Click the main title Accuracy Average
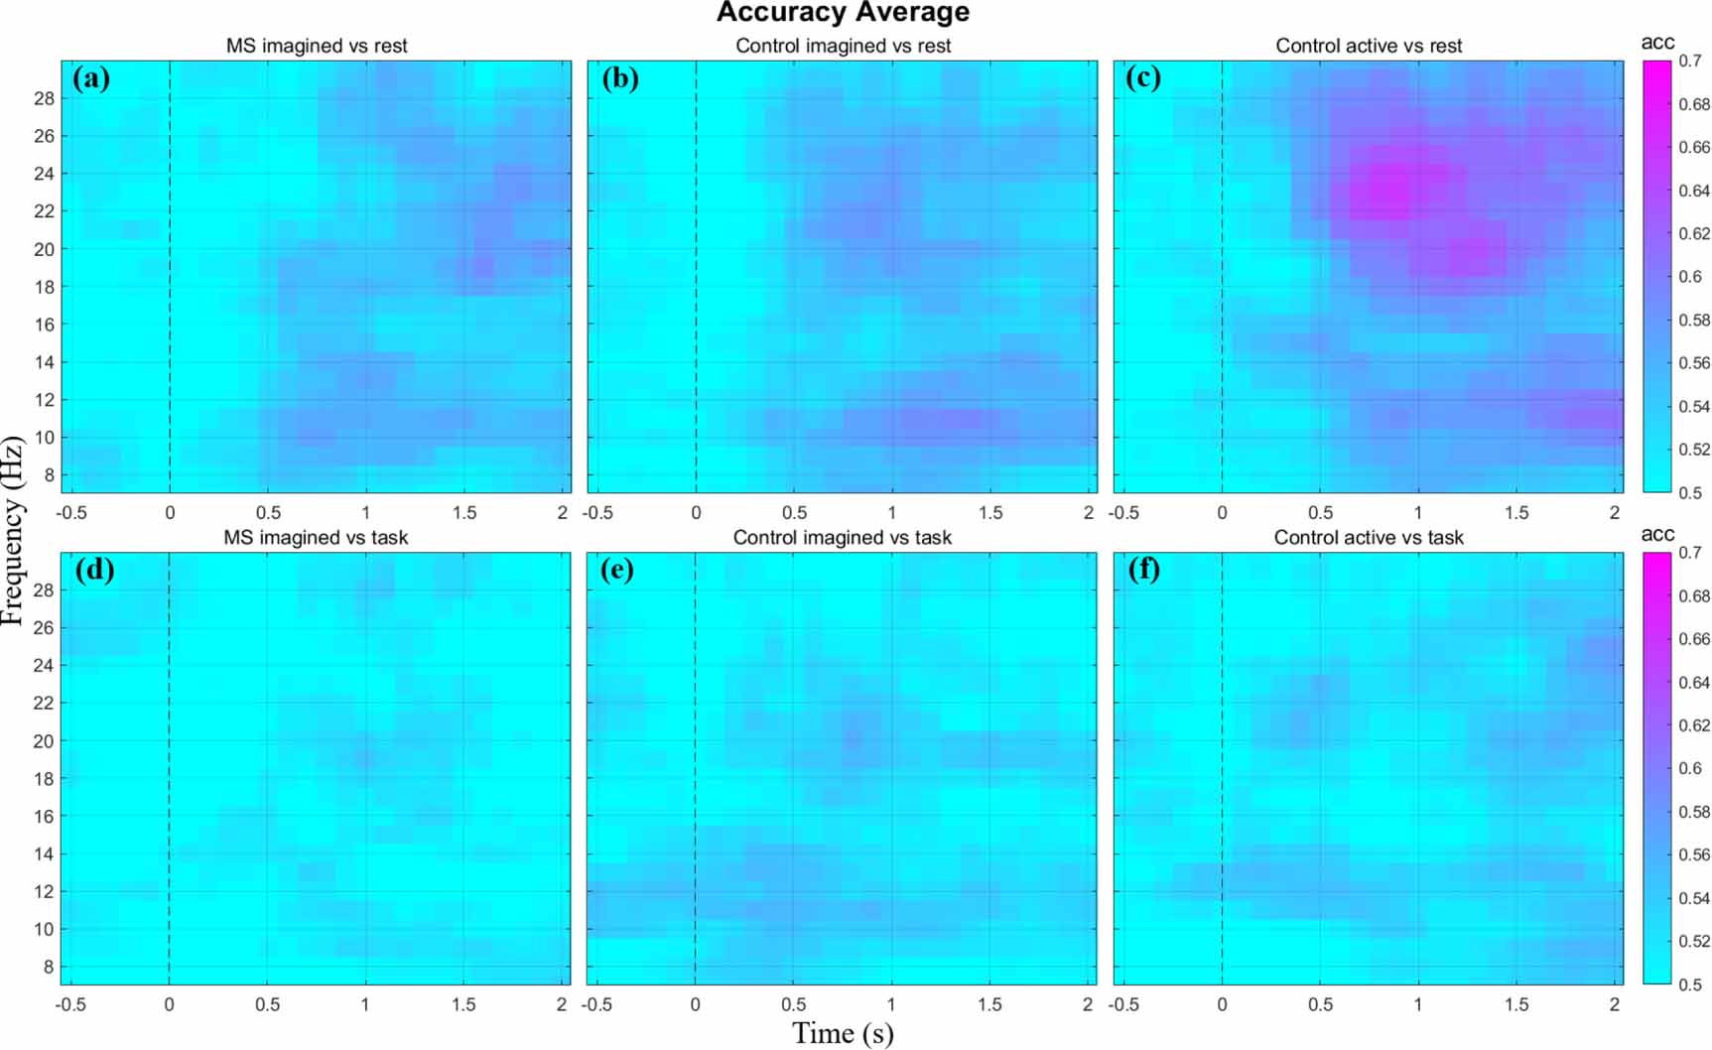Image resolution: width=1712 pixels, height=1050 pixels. pos(843,13)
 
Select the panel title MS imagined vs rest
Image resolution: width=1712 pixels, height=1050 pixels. pos(317,46)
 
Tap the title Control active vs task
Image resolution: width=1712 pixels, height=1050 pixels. pos(1369,537)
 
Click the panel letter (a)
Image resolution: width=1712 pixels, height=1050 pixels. pos(91,78)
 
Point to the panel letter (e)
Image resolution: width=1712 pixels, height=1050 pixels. pos(617,570)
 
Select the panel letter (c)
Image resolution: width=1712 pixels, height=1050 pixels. pos(1143,78)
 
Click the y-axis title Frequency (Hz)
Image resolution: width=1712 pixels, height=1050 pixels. pos(13,530)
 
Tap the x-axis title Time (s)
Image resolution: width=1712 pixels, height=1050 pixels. pos(843,1033)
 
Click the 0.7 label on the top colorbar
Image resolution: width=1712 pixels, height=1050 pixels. pos(1690,61)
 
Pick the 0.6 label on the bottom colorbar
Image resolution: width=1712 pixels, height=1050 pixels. pos(1690,768)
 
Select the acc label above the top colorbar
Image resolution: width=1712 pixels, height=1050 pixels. pos(1657,42)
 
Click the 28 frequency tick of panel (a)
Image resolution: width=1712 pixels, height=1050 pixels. pos(44,98)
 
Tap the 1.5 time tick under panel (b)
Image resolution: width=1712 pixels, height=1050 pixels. pos(990,513)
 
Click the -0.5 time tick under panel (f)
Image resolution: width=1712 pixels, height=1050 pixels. pos(1123,1004)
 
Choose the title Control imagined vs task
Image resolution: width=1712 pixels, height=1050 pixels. pos(843,537)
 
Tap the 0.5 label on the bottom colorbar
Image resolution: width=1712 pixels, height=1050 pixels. pos(1690,984)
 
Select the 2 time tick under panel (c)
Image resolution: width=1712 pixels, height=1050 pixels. pos(1615,513)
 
